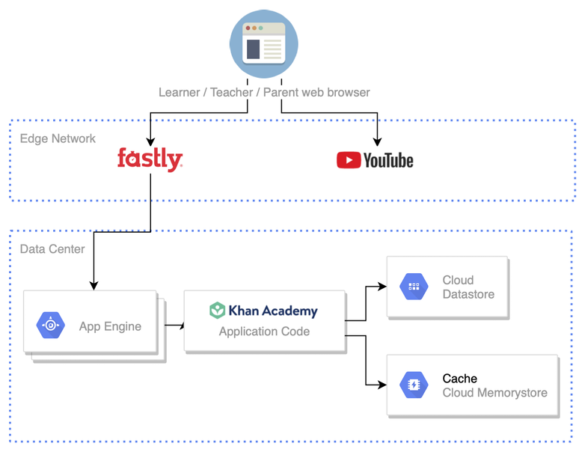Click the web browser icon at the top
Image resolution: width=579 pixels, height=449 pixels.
(264, 44)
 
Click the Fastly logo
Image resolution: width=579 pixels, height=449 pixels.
(150, 159)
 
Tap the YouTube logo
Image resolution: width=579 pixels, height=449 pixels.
(375, 160)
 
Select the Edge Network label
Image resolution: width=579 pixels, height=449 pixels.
(58, 138)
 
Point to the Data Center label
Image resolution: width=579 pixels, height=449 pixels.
(52, 248)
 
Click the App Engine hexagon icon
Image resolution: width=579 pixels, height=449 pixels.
(51, 326)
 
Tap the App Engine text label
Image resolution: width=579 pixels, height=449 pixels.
(110, 326)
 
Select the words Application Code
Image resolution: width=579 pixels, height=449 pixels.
(264, 332)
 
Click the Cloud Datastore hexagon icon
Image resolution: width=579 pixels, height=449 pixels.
(414, 287)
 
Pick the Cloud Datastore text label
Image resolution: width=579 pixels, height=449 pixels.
(468, 287)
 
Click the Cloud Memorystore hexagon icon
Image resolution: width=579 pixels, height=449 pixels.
(414, 385)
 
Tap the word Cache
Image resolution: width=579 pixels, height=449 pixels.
(459, 379)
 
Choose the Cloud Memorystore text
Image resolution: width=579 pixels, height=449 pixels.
(494, 393)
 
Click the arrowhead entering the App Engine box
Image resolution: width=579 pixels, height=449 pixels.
(94, 284)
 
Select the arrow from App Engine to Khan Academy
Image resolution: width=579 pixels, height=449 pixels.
(175, 326)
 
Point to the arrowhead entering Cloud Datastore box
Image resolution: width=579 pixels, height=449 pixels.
(382, 287)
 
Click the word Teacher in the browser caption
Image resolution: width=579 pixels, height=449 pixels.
(233, 93)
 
